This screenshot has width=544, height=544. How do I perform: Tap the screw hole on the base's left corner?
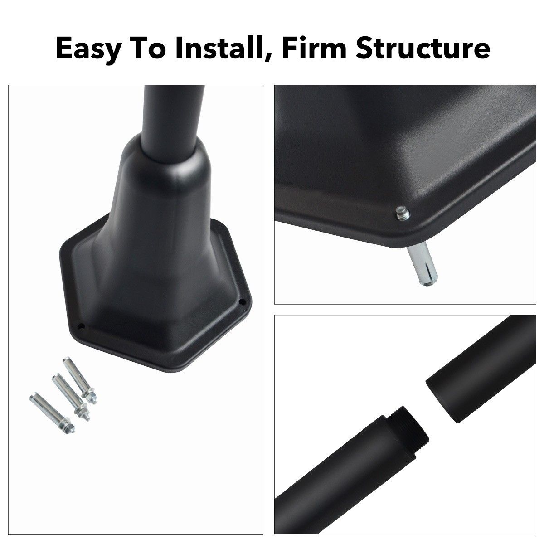(81, 327)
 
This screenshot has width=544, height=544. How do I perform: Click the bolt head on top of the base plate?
(402, 213)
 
